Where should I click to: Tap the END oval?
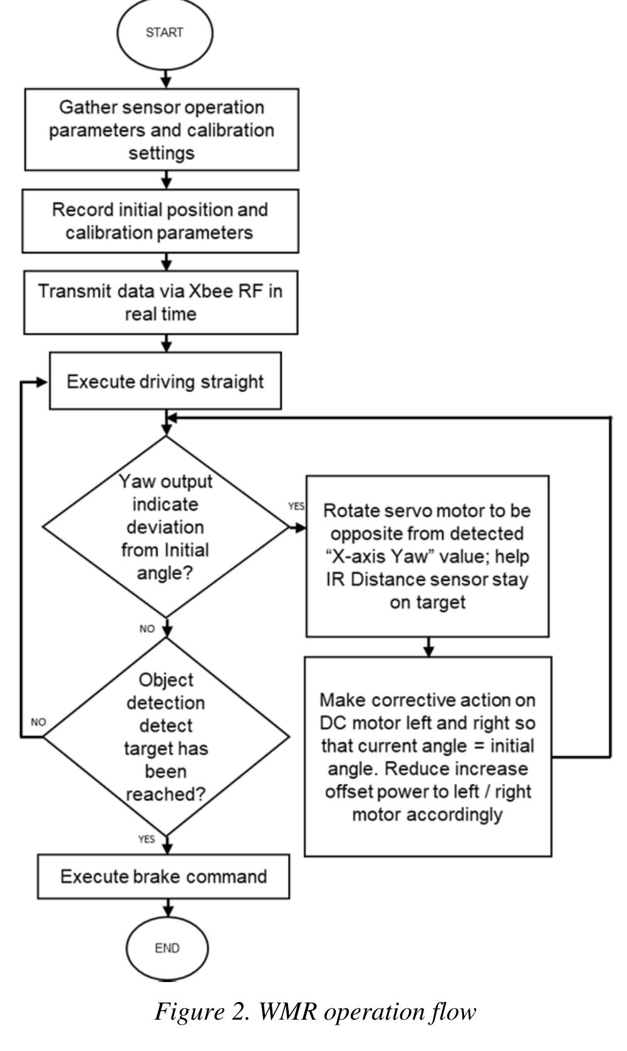tap(167, 948)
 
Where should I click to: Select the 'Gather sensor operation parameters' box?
tap(162, 130)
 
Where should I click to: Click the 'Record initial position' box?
tap(160, 221)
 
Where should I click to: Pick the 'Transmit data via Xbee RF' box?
tap(161, 302)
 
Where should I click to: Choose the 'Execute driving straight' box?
tap(165, 381)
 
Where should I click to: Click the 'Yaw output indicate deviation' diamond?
tap(165, 527)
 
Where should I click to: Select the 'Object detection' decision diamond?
tap(167, 737)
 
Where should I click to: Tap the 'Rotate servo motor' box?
tap(427, 556)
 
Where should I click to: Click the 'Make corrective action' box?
tap(428, 756)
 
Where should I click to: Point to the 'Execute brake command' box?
tap(163, 877)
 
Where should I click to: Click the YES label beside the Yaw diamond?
tap(296, 506)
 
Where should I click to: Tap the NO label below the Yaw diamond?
tap(147, 629)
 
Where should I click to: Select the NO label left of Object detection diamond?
tap(38, 722)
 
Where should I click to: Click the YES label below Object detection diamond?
tap(147, 839)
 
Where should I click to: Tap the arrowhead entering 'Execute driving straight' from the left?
tap(43, 383)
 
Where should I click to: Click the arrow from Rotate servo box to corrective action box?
tap(428, 647)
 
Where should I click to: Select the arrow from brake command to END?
tap(167, 908)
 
